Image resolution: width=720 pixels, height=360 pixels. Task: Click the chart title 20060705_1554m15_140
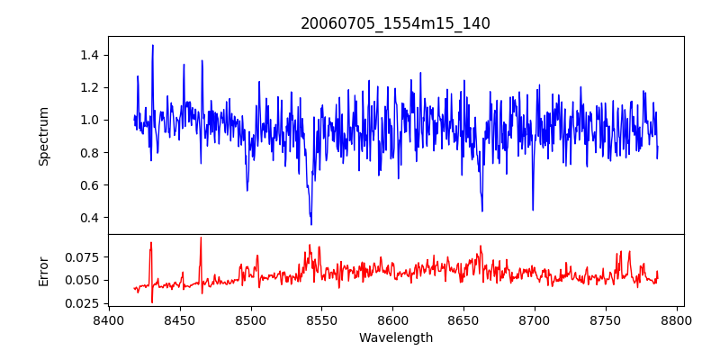click(x=395, y=23)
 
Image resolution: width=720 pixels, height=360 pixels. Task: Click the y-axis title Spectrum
click(x=43, y=136)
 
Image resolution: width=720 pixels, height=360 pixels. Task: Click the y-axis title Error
click(x=43, y=270)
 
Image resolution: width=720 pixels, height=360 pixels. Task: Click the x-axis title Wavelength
click(x=395, y=338)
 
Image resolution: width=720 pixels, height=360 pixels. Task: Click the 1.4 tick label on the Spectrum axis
click(x=88, y=55)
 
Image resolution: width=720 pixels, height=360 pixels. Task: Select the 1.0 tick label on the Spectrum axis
click(x=88, y=120)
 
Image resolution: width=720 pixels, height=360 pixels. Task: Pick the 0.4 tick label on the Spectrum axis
click(x=88, y=218)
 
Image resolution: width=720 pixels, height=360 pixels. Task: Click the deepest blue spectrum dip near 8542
click(x=311, y=224)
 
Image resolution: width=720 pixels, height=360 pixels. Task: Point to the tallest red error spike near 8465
click(x=201, y=238)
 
